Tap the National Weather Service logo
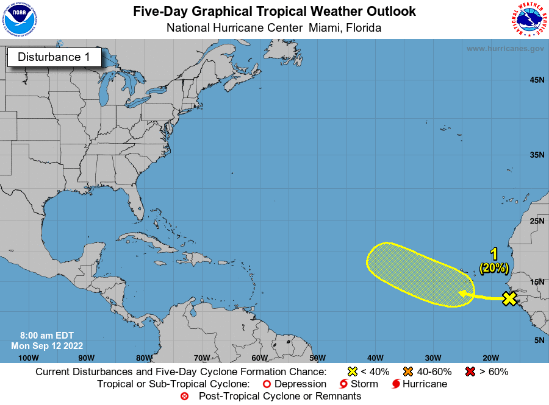[528, 19]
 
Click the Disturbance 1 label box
[54, 57]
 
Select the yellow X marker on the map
[509, 298]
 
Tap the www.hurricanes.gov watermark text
[505, 48]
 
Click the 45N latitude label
[537, 80]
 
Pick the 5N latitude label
[539, 340]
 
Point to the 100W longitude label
[28, 357]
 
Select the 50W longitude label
[317, 357]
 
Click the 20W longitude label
[490, 357]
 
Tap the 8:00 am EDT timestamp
[46, 336]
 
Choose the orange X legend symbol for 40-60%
[408, 372]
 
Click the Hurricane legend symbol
[396, 384]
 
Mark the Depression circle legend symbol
[266, 384]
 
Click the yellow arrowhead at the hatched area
[462, 294]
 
